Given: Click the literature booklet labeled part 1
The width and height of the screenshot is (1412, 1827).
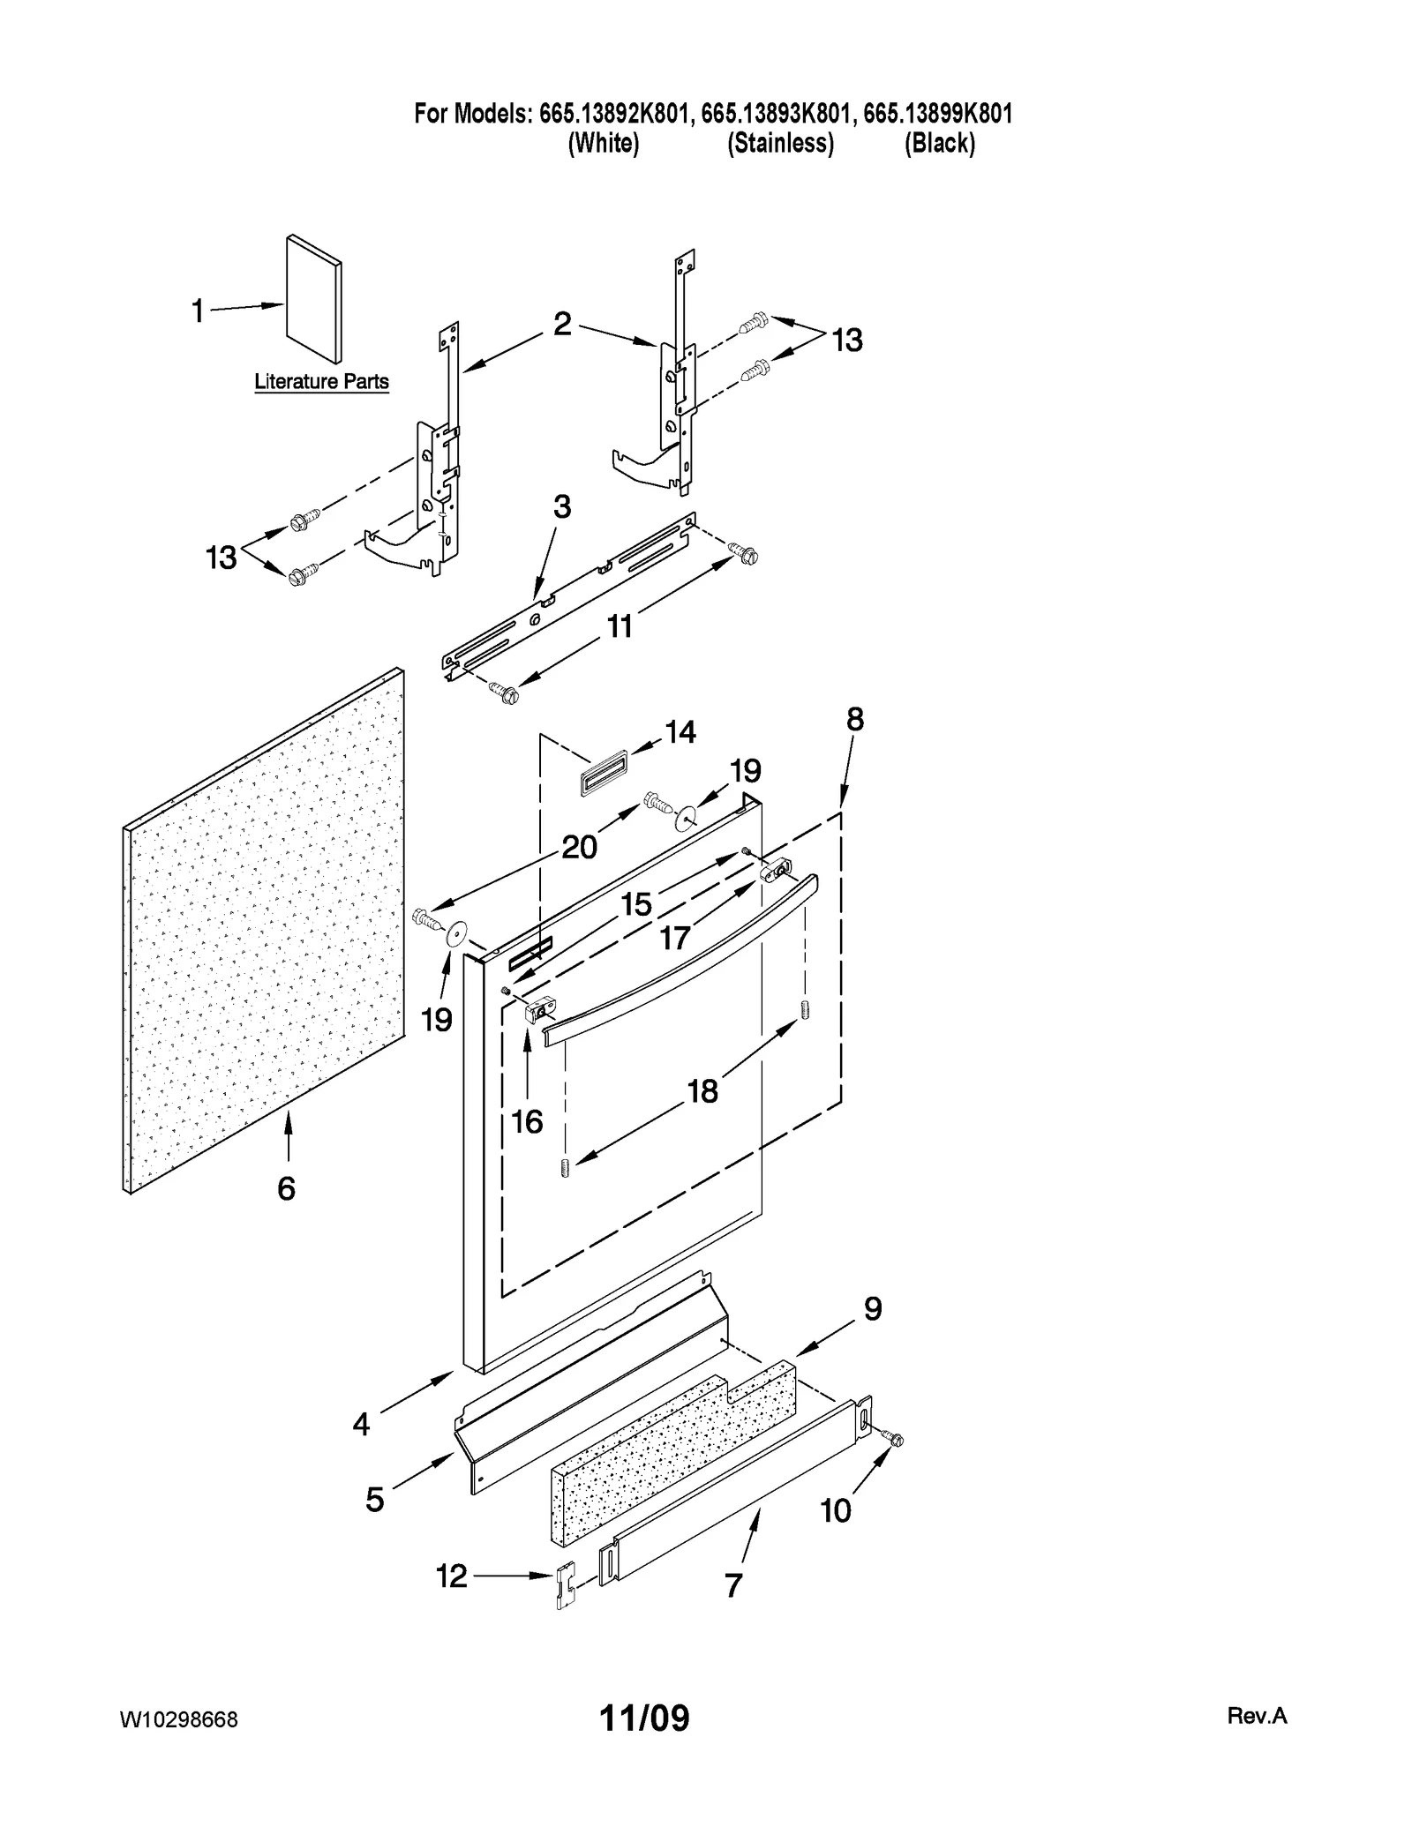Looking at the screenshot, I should click(314, 298).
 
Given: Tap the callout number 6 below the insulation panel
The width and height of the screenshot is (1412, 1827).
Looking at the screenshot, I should click(287, 1189).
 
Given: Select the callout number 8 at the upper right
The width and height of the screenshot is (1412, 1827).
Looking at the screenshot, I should click(855, 720).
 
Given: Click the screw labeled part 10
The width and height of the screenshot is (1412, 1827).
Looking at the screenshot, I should click(896, 1441).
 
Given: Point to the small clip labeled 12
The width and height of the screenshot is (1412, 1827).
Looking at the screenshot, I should click(566, 1586).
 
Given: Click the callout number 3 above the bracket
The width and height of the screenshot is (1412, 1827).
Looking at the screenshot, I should click(562, 507).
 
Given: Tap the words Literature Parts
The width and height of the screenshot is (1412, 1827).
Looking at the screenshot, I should click(321, 382).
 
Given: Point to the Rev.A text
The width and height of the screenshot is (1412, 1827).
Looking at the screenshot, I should click(1257, 1716).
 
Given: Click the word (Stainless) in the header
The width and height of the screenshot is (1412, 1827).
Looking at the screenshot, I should click(780, 143).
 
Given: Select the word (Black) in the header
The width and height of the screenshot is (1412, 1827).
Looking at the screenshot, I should click(940, 143).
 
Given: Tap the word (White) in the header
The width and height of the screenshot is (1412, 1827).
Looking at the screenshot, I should click(604, 143).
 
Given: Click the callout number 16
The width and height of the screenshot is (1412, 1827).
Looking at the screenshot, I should click(528, 1122).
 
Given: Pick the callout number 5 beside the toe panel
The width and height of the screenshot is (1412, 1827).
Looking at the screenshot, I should click(375, 1500).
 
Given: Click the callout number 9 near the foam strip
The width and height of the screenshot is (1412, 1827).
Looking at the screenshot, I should click(872, 1309).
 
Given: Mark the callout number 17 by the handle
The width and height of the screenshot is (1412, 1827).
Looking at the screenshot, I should click(675, 938).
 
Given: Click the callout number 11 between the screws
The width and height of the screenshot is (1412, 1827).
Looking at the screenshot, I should click(620, 626).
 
